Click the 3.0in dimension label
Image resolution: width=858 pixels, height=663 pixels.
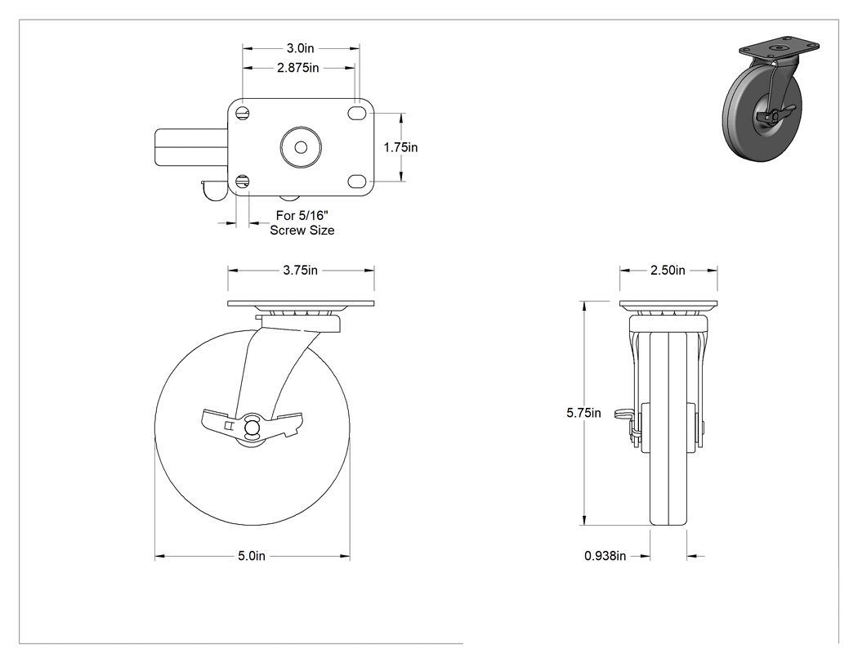click(301, 48)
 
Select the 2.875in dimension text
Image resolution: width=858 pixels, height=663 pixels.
click(297, 68)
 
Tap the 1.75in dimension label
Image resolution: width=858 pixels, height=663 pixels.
click(400, 147)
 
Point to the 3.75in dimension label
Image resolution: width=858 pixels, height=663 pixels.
click(301, 270)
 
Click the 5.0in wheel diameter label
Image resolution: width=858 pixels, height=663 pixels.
click(252, 556)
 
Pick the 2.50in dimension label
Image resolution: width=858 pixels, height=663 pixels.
click(668, 270)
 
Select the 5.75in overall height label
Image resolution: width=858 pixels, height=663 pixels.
click(583, 413)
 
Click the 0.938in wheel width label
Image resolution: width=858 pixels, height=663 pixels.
click(606, 556)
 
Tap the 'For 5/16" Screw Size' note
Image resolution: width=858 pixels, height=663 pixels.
click(302, 223)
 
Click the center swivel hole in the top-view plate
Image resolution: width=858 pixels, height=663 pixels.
click(301, 147)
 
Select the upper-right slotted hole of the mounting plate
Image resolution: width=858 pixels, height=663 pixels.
click(357, 114)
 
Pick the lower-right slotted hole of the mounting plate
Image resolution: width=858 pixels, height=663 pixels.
click(357, 181)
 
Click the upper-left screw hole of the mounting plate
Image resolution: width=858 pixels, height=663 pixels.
click(244, 114)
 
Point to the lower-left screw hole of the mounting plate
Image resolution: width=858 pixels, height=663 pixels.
click(244, 181)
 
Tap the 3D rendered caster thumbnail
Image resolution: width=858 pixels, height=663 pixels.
click(771, 101)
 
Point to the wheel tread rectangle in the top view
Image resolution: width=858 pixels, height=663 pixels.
click(191, 147)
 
